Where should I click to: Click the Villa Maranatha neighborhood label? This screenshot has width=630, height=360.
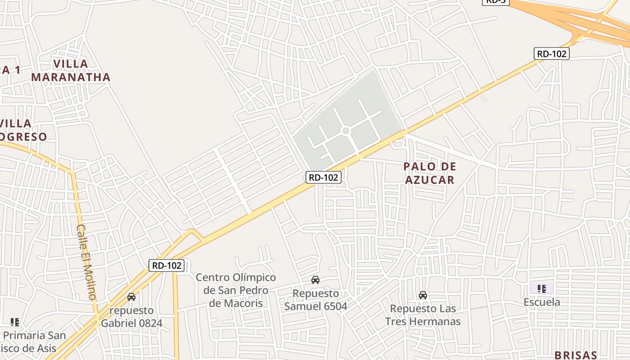(x=71, y=70)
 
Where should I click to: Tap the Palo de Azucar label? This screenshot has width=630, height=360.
(x=430, y=173)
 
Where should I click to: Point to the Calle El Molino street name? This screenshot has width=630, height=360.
(x=86, y=262)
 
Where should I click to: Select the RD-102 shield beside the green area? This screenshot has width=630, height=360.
(x=324, y=177)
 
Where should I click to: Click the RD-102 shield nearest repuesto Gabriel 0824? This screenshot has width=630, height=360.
(x=167, y=265)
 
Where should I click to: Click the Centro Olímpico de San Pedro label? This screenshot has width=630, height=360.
(x=236, y=290)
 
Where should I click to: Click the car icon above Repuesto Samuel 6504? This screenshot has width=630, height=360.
(x=315, y=280)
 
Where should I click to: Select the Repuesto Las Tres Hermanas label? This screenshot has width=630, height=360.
(x=423, y=315)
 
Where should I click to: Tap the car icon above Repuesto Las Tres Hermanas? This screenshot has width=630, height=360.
(x=423, y=295)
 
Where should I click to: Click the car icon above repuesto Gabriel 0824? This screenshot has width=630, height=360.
(x=131, y=297)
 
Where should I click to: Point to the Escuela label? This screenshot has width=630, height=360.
(x=542, y=302)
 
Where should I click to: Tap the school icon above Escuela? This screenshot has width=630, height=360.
(x=542, y=288)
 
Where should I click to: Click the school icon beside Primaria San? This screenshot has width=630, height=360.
(x=15, y=322)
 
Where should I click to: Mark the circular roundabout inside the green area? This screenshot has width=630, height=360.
(x=346, y=131)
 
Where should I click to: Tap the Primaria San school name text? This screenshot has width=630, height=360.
(x=34, y=336)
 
